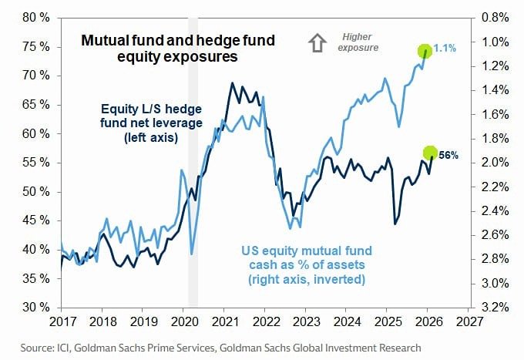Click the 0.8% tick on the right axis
492,17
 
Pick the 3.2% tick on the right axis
492,307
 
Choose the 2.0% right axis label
492,162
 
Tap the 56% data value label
448,155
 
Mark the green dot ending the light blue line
425,52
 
